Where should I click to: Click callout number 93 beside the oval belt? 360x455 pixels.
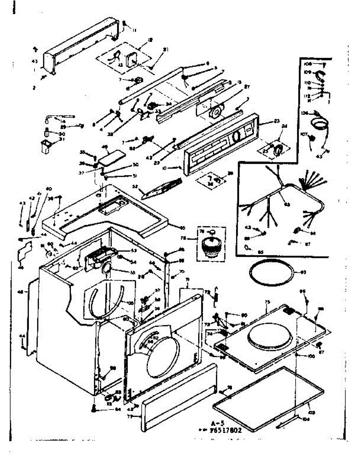303,272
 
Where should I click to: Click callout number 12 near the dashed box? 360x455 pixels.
150,39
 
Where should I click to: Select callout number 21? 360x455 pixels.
166,50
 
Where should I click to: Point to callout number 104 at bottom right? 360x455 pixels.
306,419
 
